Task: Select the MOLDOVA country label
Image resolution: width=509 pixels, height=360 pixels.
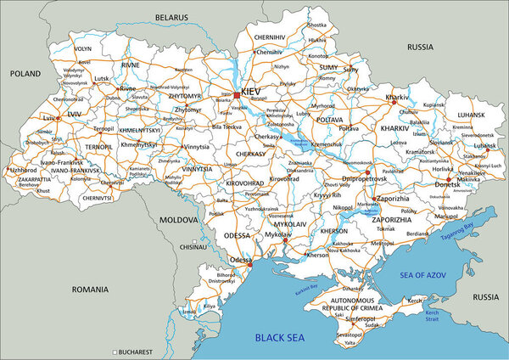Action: tap(178, 219)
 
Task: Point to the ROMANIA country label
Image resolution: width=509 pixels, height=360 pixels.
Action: tap(91, 290)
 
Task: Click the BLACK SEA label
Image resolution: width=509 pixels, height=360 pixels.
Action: tap(281, 339)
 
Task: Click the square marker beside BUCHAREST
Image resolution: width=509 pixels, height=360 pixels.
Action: tap(115, 352)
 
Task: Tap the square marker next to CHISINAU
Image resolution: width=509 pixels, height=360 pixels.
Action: tap(194, 248)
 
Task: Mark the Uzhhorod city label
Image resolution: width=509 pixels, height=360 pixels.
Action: tap(22, 170)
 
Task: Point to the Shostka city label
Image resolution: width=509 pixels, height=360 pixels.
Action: tap(316, 25)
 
